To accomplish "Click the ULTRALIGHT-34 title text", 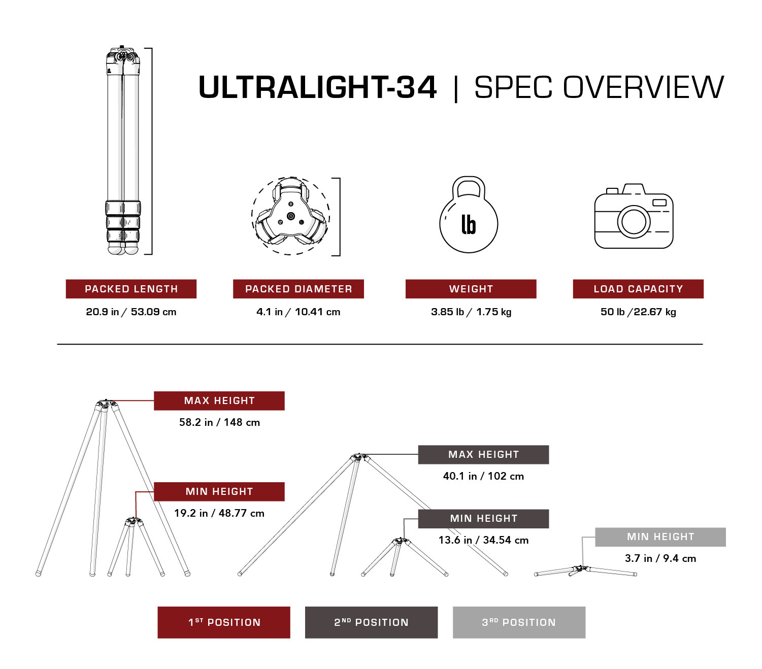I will point(317,87).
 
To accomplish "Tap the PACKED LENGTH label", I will point(131,289).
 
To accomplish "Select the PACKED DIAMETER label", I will point(299,289).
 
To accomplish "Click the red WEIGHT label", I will point(471,289).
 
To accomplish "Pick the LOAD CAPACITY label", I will point(638,289).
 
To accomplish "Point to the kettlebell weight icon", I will point(469,216).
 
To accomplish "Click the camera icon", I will point(634,217).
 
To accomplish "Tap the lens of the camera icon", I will point(634,221).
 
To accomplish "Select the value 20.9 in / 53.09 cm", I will point(131,312).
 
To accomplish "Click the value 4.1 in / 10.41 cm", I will point(299,312).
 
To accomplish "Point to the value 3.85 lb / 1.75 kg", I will point(471,312).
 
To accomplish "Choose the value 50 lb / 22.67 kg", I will point(638,312).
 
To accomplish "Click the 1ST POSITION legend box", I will point(224,622).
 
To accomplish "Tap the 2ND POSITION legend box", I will point(371,622).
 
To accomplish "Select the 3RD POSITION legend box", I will point(519,622).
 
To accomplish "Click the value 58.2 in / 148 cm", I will point(219,422).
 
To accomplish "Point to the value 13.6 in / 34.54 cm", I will point(483,540).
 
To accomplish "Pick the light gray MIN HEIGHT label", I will point(660,537).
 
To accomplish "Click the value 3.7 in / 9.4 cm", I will point(660,558).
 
